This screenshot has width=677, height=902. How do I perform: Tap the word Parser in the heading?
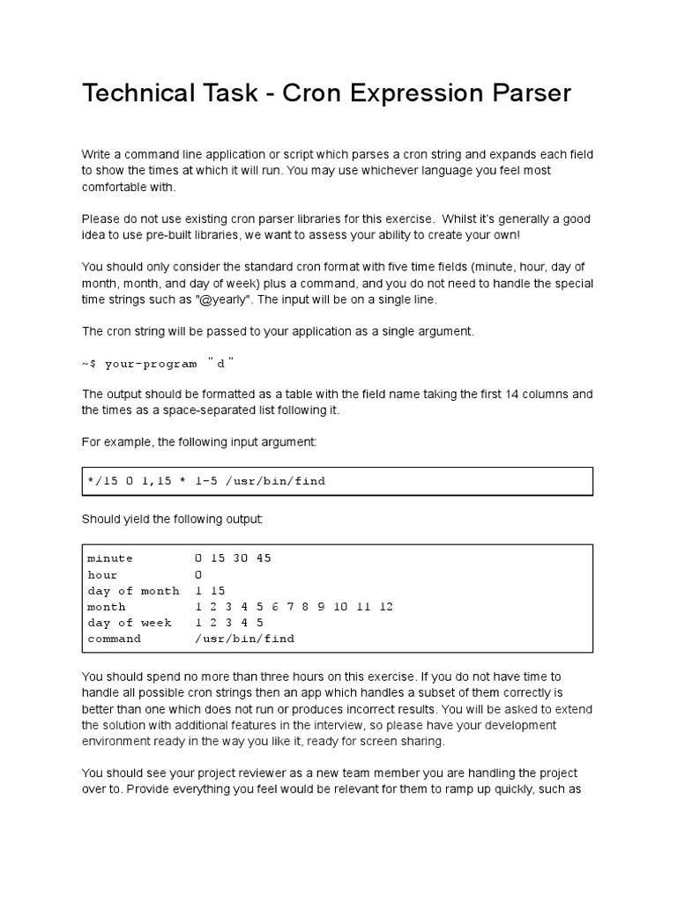pyautogui.click(x=531, y=93)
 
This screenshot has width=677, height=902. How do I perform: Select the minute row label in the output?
pyautogui.click(x=110, y=558)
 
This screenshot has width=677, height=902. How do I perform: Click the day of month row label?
pyautogui.click(x=133, y=590)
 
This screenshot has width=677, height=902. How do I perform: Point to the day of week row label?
pyautogui.click(x=130, y=623)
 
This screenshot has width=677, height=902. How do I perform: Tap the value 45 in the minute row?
pyautogui.click(x=264, y=558)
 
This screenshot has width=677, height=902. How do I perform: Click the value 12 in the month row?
pyautogui.click(x=385, y=607)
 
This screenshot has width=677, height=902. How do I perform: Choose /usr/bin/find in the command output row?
pyautogui.click(x=244, y=639)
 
